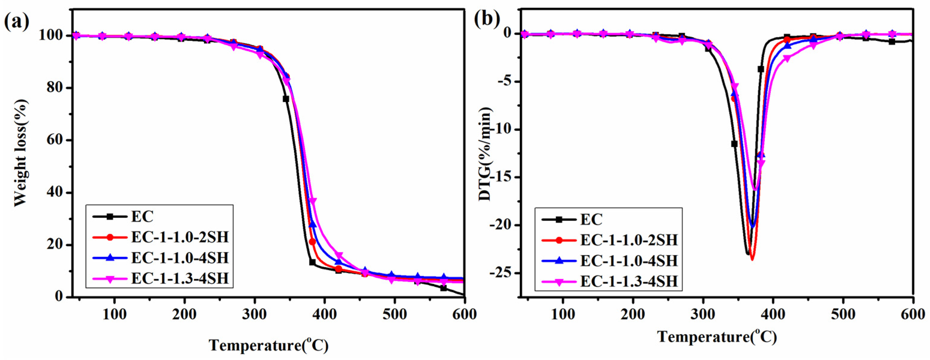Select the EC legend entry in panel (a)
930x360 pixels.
(x=142, y=217)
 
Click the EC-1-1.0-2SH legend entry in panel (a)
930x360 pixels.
(x=179, y=237)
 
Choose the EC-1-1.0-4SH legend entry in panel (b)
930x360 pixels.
(x=628, y=261)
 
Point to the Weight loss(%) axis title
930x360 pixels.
(x=21, y=153)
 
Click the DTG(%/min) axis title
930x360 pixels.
(x=486, y=154)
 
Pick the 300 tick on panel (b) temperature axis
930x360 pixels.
(x=702, y=314)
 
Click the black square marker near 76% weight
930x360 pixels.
(x=286, y=99)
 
